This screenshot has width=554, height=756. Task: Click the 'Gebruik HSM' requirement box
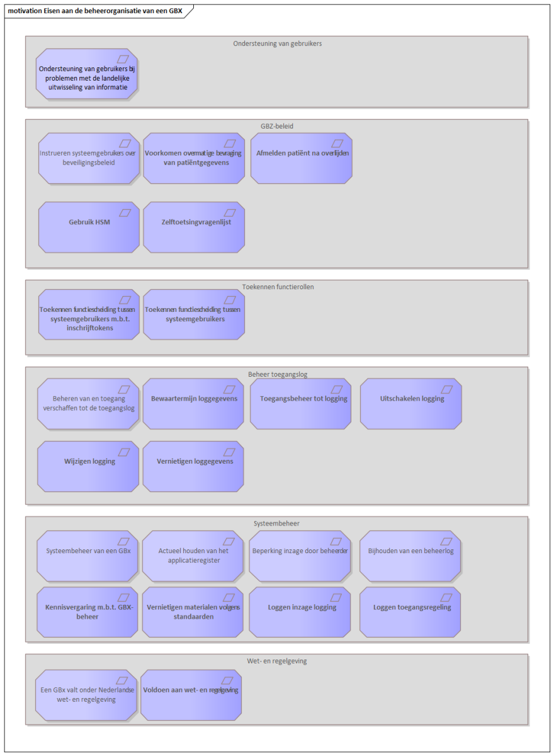tap(89, 227)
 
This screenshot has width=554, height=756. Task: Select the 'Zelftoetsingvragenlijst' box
tap(194, 227)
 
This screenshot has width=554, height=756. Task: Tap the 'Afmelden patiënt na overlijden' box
tap(302, 158)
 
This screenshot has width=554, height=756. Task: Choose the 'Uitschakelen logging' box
tap(410, 404)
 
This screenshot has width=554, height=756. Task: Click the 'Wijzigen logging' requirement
tap(88, 466)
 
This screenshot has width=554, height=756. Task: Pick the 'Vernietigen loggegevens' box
tap(193, 466)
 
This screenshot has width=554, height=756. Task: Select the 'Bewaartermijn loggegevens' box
tap(193, 404)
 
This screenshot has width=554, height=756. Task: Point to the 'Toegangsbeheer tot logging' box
tap(300, 404)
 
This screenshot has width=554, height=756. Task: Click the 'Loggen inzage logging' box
tap(300, 612)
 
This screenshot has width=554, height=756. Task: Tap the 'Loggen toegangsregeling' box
tap(410, 612)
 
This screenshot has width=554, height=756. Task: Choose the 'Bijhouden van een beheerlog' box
tap(410, 556)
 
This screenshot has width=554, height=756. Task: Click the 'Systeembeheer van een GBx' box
tap(88, 556)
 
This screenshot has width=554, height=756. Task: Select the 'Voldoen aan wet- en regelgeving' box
tap(191, 696)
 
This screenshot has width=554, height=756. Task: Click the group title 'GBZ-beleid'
tap(277, 126)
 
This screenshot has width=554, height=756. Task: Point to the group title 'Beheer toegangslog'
tap(278, 374)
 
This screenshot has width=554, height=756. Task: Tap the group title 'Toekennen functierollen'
tap(278, 287)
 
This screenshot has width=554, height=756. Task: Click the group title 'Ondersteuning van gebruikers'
tap(277, 43)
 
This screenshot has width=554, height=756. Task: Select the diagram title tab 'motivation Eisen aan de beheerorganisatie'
tap(95, 11)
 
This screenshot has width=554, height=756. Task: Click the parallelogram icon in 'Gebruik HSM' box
tap(125, 213)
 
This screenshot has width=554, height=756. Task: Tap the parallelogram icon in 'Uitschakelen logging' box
tap(446, 389)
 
